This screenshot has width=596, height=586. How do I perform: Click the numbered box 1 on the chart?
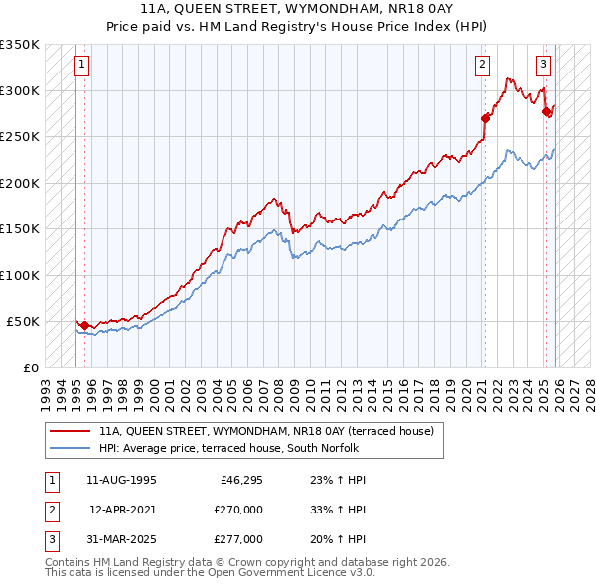[x=83, y=66]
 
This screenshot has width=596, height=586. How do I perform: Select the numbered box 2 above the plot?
[x=483, y=66]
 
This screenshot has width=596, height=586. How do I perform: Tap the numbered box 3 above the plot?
[x=544, y=66]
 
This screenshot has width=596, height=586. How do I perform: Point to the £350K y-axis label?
[x=20, y=45]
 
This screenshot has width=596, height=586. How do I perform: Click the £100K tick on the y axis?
[x=20, y=275]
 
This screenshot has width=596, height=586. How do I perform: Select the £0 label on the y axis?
[x=30, y=367]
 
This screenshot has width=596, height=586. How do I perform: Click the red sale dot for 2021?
[x=485, y=118]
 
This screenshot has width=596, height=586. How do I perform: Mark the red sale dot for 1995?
[x=84, y=325]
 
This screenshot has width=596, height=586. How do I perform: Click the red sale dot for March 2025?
[x=546, y=112]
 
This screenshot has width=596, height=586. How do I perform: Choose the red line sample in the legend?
[x=71, y=432]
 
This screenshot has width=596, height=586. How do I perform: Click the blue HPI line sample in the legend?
[x=71, y=448]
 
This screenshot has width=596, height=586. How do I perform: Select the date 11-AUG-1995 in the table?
[x=121, y=480]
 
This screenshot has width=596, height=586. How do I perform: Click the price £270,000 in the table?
[x=238, y=510]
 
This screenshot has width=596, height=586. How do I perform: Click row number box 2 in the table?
[x=50, y=510]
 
